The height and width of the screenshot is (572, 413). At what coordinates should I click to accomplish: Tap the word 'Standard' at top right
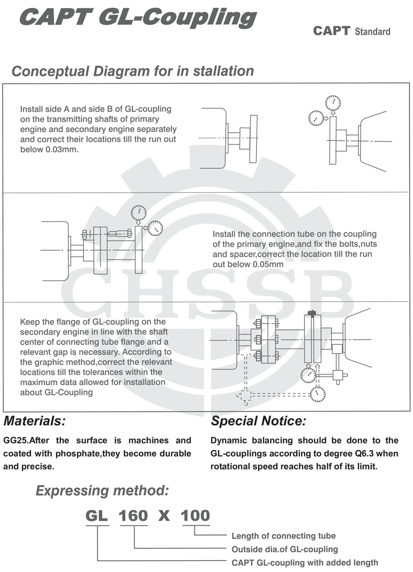373,32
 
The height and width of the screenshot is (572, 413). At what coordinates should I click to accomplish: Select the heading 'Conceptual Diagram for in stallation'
133,71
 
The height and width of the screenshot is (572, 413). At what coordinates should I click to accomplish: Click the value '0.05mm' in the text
268,264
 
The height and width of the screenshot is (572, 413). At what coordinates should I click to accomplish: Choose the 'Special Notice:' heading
258,421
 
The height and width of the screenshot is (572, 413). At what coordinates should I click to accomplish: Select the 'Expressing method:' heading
102,491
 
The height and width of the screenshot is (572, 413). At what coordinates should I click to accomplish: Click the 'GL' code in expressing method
97,516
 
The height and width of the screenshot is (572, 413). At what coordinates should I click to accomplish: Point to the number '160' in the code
134,516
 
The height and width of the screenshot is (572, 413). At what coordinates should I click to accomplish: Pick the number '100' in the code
195,516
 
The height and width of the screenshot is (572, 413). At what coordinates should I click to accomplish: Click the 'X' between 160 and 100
164,516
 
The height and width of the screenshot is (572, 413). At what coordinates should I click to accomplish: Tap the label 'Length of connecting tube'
283,536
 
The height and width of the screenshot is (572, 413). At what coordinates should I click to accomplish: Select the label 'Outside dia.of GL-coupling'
285,549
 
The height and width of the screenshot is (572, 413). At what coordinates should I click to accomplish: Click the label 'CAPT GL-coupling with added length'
305,562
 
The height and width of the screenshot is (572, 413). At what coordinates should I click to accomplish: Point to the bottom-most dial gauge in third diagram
317,393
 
